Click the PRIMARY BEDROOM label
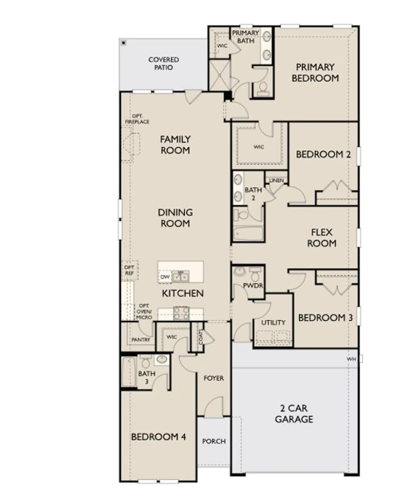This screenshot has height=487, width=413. point(315,73)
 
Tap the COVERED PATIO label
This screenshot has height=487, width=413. point(163,63)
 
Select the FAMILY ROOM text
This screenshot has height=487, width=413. point(175,145)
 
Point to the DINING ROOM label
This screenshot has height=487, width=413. point(175,218)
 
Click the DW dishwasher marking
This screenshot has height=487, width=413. point(165,277)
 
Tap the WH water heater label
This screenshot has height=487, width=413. point(351,359)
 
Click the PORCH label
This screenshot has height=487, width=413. point(214,441)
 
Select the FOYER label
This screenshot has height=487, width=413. point(213,378)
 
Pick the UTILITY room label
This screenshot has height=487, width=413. point(273,323)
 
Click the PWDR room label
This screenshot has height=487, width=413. point(253,286)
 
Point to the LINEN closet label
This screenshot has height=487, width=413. point(276,180)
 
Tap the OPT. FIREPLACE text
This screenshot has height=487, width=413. point(137,119)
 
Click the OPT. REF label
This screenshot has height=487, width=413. point(129,270)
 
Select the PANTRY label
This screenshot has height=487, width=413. point(141,340)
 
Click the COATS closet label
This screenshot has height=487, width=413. point(201,336)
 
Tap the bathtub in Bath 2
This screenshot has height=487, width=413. point(248,234)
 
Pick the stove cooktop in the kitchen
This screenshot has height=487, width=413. point(181,313)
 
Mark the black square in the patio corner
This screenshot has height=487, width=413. point(124,43)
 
